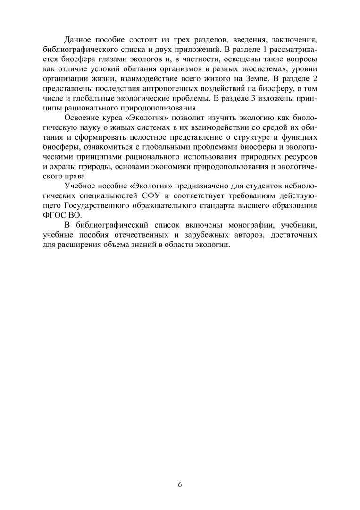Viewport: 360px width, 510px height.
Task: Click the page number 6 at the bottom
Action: tap(180, 484)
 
